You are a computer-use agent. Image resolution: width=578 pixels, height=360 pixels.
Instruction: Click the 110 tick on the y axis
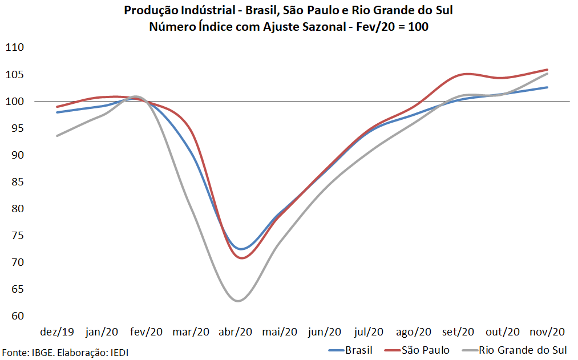coord(15,48)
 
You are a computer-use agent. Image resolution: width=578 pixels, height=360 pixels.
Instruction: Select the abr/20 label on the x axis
coord(236,331)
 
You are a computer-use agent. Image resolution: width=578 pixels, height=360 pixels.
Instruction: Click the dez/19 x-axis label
coord(57,331)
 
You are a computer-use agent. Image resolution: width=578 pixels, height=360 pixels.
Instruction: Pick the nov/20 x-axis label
coord(547,331)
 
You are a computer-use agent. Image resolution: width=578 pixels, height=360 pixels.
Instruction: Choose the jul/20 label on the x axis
coord(369,331)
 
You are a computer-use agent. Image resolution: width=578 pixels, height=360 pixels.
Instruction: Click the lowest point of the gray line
coord(239,301)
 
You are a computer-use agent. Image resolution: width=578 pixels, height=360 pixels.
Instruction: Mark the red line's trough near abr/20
coord(242,258)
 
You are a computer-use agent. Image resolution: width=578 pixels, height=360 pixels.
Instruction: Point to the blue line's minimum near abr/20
coord(241,249)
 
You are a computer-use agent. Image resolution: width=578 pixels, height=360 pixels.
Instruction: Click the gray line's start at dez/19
coord(57,136)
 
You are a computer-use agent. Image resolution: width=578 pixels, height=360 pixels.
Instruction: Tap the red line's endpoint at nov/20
coord(547,70)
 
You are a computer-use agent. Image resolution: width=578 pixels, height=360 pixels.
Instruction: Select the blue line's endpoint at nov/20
coord(547,87)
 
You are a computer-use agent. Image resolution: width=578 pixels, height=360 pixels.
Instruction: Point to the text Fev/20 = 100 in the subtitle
coord(398,26)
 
